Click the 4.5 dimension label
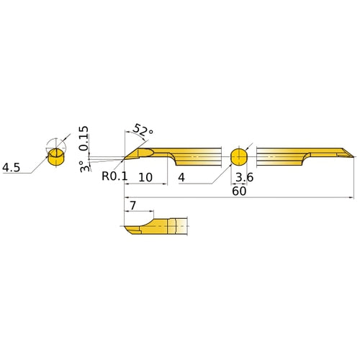point(11,167)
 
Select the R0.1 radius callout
point(114,175)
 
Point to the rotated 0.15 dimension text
point(84,138)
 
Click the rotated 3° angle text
point(84,166)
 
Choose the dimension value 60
point(239,192)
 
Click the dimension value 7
point(132,206)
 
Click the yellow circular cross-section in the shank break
point(239,156)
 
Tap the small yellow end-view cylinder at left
point(55,157)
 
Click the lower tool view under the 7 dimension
point(155,227)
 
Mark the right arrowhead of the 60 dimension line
point(351,197)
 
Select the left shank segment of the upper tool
point(194,156)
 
